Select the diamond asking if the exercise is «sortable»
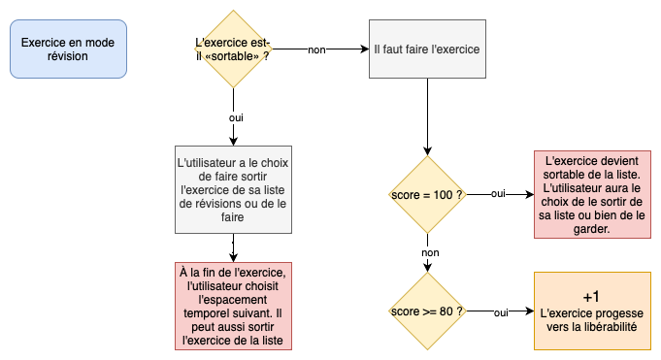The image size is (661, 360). [x=233, y=49]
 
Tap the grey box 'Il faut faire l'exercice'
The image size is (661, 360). [x=427, y=49]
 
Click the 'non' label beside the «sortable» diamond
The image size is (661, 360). [x=315, y=49]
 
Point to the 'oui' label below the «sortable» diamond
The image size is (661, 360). [x=235, y=117]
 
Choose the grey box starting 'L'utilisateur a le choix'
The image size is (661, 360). [x=233, y=189]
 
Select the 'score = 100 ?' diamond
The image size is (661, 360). [x=426, y=194]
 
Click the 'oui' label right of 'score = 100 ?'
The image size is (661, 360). [x=498, y=194]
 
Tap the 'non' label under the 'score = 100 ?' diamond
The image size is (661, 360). [x=430, y=252]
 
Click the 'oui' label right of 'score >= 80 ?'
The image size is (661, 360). [x=501, y=312]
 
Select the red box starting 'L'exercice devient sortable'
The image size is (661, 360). [x=592, y=195]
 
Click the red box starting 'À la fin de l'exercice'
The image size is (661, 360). [x=233, y=307]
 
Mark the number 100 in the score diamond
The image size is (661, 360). [x=443, y=195]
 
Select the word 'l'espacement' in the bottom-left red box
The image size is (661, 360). [x=233, y=301]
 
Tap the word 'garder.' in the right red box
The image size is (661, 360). [x=591, y=230]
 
